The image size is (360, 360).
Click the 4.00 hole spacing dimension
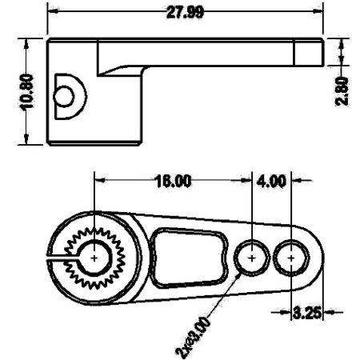point(272,181)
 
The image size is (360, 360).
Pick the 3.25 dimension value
point(307,312)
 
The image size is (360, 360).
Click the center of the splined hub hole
point(94,258)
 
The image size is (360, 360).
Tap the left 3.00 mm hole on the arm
point(253,258)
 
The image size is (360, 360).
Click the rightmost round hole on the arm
point(290,258)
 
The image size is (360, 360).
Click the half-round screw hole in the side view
point(63,96)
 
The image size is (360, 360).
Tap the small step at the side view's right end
point(308,53)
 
